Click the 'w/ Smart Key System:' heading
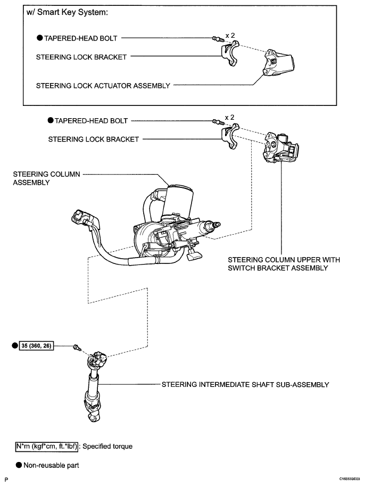click(x=68, y=13)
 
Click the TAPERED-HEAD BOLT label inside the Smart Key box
click(x=81, y=38)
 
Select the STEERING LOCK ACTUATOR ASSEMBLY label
click(x=103, y=86)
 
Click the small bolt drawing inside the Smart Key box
click(x=217, y=39)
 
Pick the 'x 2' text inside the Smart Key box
click(x=230, y=36)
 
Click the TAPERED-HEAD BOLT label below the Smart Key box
click(x=92, y=121)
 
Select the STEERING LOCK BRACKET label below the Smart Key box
click(x=94, y=139)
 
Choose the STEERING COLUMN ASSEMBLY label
click(x=47, y=178)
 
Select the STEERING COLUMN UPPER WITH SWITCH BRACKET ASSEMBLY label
click(x=284, y=264)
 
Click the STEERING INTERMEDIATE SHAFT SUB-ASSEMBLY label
click(x=245, y=384)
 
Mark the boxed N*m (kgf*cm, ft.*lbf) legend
click(x=47, y=447)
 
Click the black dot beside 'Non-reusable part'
click(x=19, y=465)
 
